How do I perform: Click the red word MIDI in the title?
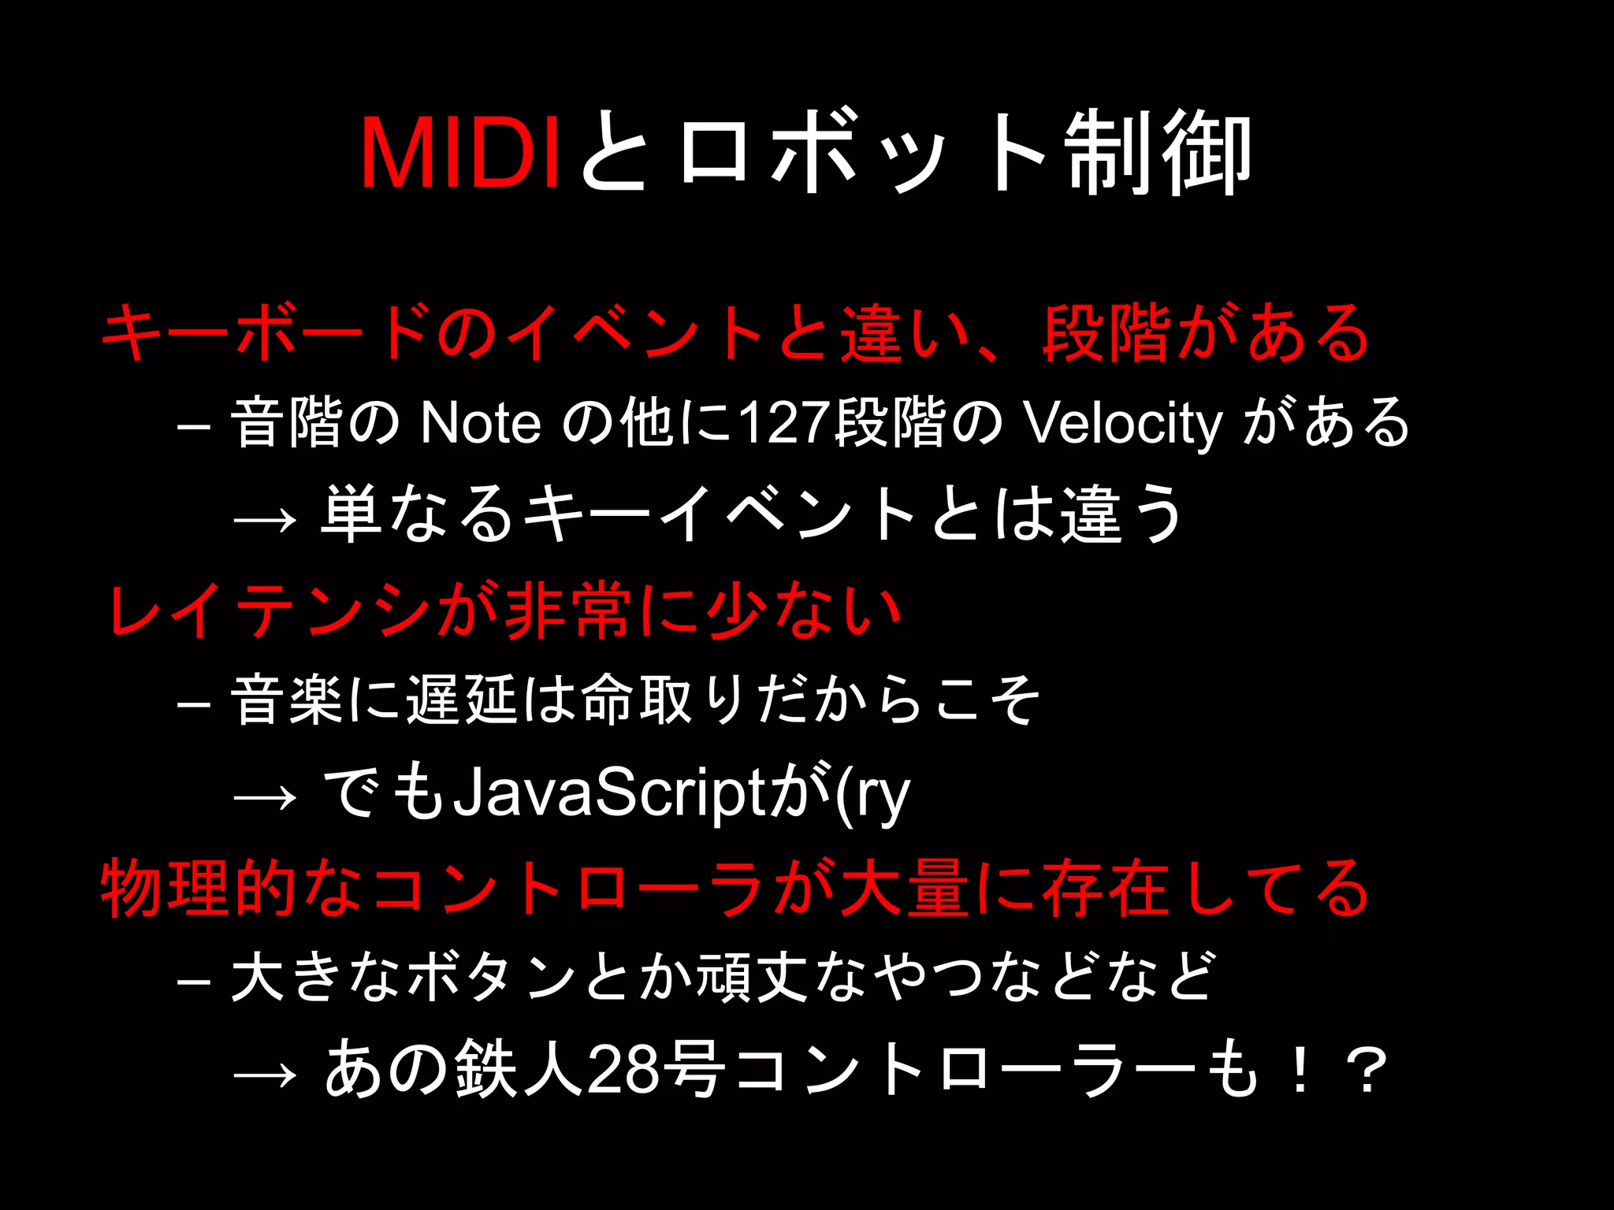tap(460, 153)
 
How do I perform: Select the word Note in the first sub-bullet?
tap(481, 423)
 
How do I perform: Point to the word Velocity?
tap(1122, 423)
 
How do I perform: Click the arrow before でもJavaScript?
tap(266, 797)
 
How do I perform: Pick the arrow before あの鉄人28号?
tap(266, 1074)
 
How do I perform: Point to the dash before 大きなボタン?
tap(194, 982)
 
